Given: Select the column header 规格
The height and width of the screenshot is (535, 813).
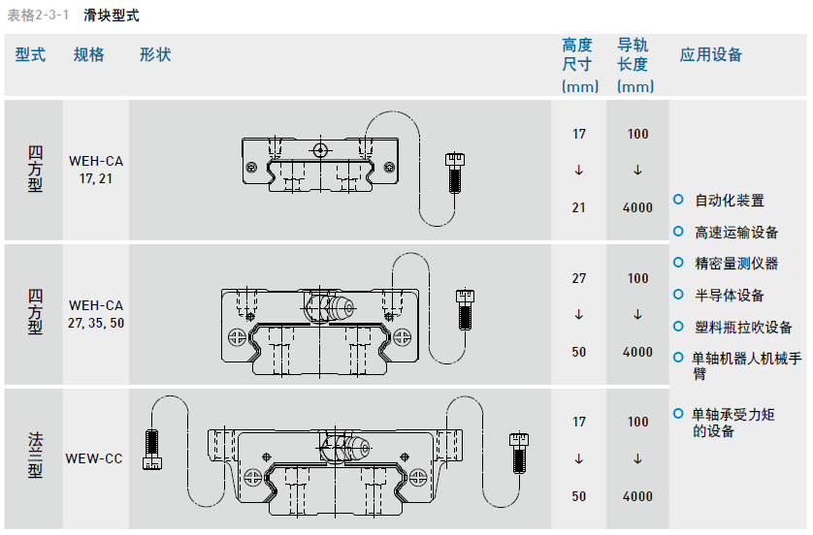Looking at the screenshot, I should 89,55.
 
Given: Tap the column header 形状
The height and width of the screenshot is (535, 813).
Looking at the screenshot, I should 155,55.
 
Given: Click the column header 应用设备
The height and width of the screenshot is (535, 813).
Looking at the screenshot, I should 711,55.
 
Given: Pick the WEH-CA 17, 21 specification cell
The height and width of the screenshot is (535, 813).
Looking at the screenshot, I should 96,170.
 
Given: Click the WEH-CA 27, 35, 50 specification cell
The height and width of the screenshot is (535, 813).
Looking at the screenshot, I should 96,314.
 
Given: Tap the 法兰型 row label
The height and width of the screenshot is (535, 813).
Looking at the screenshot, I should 34,458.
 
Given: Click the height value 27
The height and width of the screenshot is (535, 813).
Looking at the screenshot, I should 579,278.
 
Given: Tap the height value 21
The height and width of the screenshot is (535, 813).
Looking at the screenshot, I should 579,207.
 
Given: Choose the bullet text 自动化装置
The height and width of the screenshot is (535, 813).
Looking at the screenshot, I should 730,201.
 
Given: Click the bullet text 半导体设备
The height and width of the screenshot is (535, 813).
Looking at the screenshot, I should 730,296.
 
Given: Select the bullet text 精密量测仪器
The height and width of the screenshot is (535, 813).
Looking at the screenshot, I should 736,264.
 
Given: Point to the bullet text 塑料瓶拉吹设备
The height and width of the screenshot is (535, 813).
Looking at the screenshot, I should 743,328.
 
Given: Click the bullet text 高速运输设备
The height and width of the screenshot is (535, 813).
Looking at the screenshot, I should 736,233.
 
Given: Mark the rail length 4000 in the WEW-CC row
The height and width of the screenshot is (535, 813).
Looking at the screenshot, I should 637,496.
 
